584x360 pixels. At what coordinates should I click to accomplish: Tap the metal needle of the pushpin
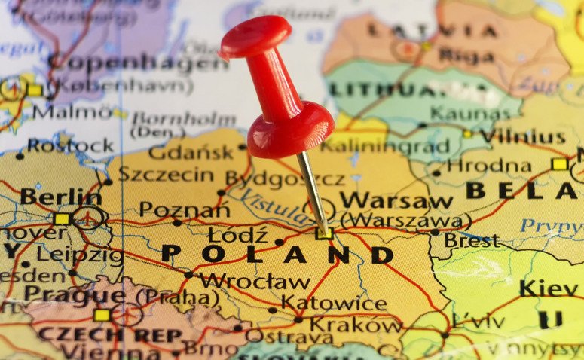click(312, 192)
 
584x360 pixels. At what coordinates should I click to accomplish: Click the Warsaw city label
click(396, 200)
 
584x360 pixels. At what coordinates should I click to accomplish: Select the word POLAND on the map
click(277, 254)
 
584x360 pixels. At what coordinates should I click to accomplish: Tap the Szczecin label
click(166, 175)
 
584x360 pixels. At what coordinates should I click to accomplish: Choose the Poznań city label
click(183, 209)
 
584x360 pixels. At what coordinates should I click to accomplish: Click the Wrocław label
click(255, 282)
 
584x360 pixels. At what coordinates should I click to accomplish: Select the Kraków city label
click(356, 325)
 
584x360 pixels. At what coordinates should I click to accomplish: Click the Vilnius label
click(522, 136)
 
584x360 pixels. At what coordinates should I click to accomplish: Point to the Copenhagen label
click(137, 63)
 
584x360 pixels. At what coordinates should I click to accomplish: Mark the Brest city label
click(471, 241)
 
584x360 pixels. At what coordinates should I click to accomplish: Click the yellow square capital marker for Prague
click(102, 315)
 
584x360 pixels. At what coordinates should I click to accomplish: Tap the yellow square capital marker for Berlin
click(62, 219)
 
